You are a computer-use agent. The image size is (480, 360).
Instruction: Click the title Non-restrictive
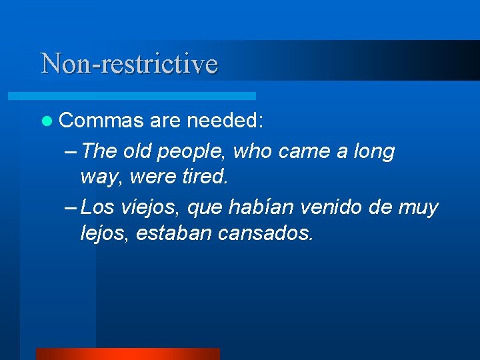click(x=129, y=64)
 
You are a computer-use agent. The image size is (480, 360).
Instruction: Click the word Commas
click(x=101, y=121)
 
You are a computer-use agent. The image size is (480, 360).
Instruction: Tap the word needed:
click(x=225, y=121)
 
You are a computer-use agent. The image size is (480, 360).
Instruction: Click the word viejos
click(x=150, y=208)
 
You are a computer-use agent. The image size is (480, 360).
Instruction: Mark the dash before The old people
click(x=73, y=152)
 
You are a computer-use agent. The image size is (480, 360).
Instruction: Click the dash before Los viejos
click(x=73, y=208)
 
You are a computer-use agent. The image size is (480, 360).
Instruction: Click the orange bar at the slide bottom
click(x=127, y=354)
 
